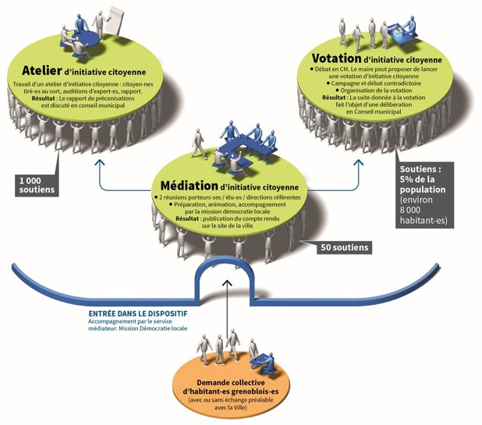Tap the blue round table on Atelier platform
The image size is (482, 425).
point(82,40)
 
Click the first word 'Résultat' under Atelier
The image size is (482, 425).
point(45,99)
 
